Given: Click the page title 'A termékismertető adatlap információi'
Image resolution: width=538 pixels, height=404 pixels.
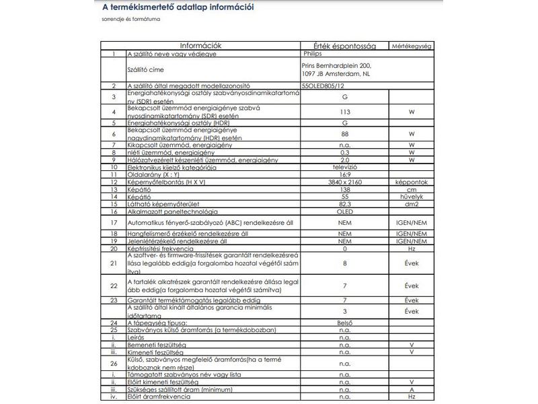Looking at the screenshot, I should pos(177,8).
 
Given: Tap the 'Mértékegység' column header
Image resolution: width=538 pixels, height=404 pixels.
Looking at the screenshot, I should pos(411,46).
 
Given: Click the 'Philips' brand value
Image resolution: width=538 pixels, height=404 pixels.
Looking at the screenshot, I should pos(313,53).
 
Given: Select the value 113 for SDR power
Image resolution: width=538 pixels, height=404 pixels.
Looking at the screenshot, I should pos(345,112).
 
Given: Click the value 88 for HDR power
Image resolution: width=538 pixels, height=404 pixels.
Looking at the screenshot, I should pos(345,133).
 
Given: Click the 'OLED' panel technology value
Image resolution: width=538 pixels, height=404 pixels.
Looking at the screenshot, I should pos(345,211).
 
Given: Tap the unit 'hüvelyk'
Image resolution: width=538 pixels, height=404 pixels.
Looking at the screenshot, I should pos(412,196).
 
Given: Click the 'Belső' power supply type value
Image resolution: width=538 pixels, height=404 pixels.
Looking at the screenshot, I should pos(345,323).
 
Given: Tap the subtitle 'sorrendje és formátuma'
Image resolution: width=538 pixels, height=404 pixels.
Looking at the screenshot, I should pos(131,20).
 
